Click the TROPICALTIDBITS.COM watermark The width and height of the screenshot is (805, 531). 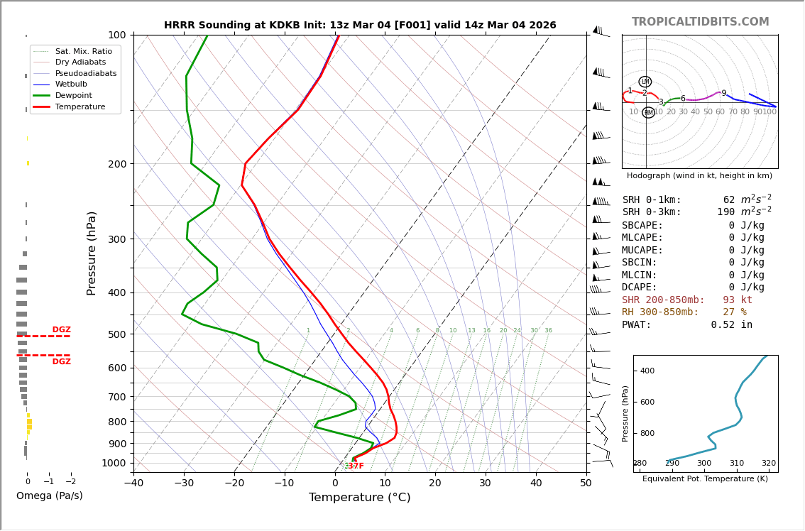coord(700,22)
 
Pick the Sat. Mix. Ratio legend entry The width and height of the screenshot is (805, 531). coord(83,51)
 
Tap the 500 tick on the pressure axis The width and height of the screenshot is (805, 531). coord(117,334)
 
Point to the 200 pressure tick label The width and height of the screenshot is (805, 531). coord(117,164)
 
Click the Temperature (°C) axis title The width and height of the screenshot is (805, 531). coord(359,498)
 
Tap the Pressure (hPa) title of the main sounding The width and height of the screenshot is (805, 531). coord(92,253)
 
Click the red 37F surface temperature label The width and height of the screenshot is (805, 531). coord(356,466)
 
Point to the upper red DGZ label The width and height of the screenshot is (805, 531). coord(62,330)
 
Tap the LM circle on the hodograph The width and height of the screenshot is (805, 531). coord(645,82)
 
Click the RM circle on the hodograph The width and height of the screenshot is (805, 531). coord(648,112)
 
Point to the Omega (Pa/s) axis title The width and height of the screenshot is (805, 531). coord(50,496)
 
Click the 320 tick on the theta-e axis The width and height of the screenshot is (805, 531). coord(769,464)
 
